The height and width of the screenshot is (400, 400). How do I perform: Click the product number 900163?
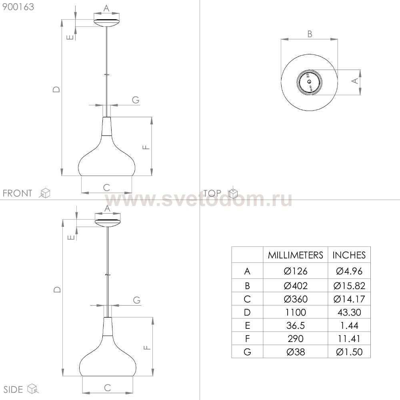(18, 7)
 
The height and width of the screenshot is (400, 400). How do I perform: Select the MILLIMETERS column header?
(296, 255)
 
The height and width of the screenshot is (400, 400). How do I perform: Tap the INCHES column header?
(349, 255)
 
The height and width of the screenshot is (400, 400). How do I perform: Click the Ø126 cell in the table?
(296, 271)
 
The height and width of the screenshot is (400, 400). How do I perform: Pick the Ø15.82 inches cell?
(349, 286)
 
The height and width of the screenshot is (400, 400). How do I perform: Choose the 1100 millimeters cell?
(296, 312)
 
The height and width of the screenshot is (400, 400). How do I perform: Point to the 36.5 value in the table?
(296, 326)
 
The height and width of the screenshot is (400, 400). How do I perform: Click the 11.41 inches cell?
(349, 339)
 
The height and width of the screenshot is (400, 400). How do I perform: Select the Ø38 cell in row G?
(296, 352)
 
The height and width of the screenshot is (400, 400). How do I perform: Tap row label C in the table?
(247, 299)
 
